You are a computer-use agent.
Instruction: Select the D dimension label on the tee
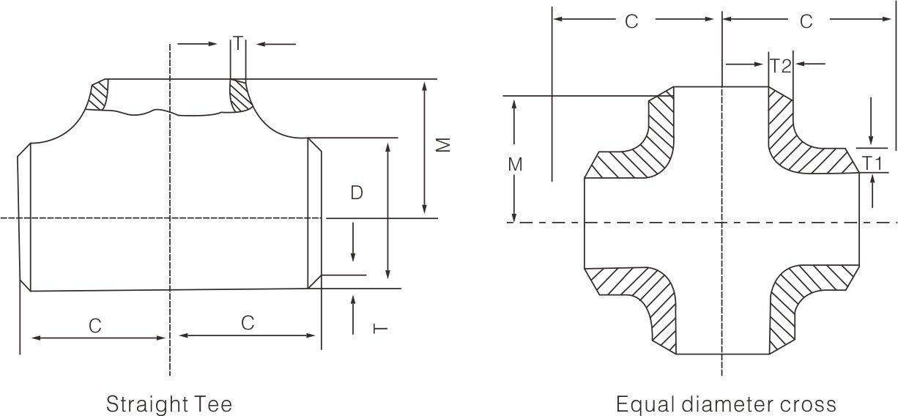[x=356, y=193]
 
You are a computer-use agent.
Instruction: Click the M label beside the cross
[x=515, y=165]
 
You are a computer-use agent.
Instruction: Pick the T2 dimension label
[x=781, y=66]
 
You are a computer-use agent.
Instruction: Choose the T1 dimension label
[x=872, y=163]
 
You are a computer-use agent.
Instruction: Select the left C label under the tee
[x=95, y=326]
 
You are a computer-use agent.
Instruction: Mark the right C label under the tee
[x=248, y=322]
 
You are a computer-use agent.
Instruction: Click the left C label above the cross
[x=631, y=22]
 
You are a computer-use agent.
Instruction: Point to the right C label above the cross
[x=806, y=22]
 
